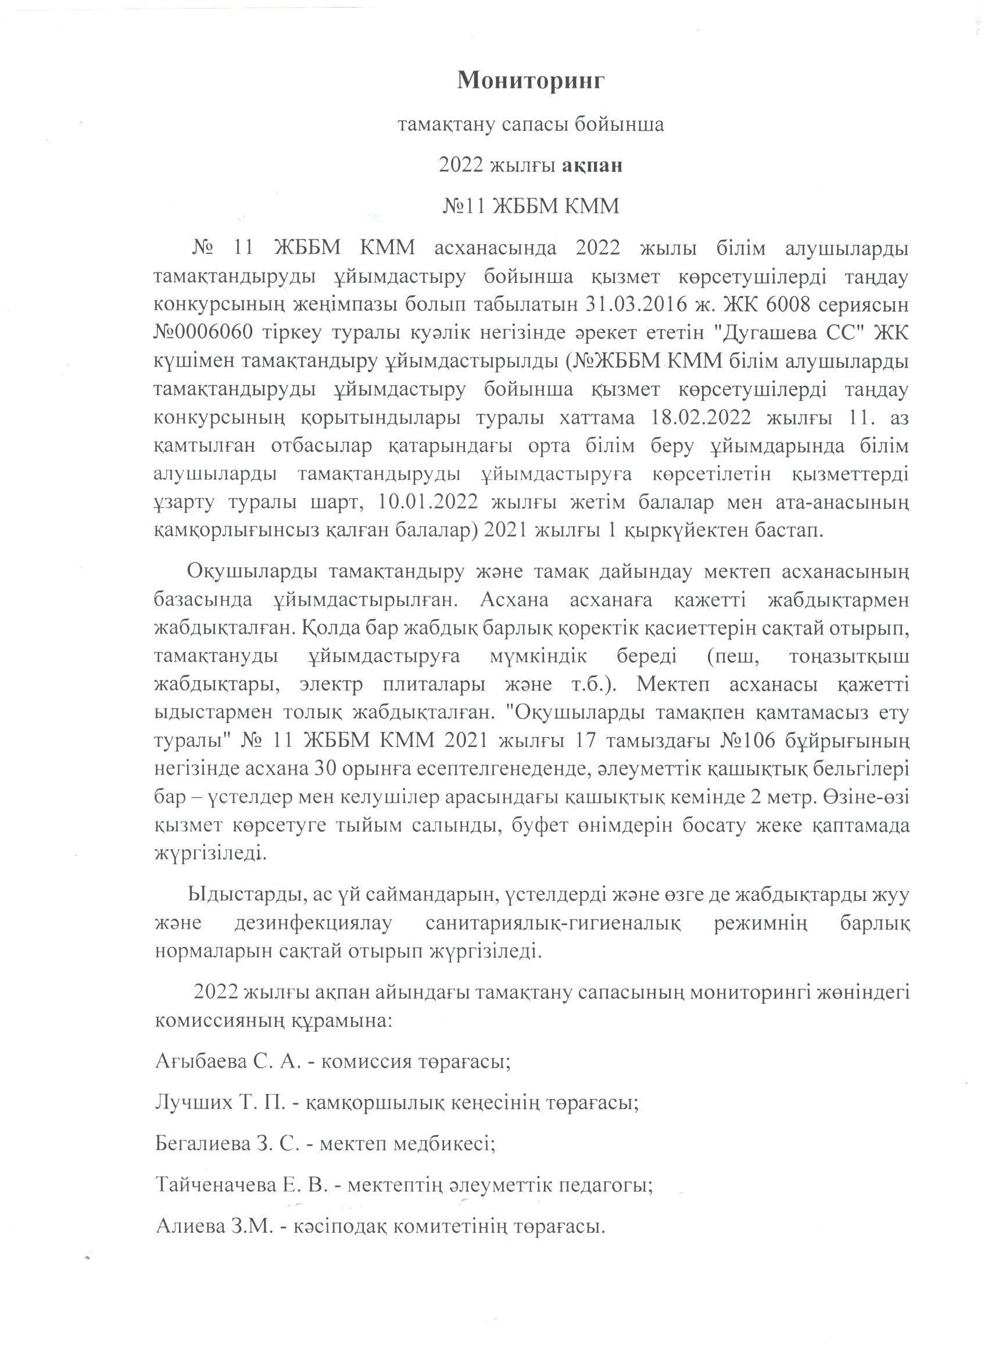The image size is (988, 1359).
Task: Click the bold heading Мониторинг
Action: (x=531, y=80)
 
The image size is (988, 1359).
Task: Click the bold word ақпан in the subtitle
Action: (x=592, y=164)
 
